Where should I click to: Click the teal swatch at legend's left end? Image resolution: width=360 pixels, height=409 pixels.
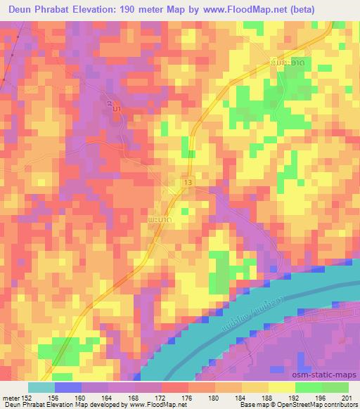click(41, 387)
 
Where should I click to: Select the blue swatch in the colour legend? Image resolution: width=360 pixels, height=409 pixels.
click(68, 387)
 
